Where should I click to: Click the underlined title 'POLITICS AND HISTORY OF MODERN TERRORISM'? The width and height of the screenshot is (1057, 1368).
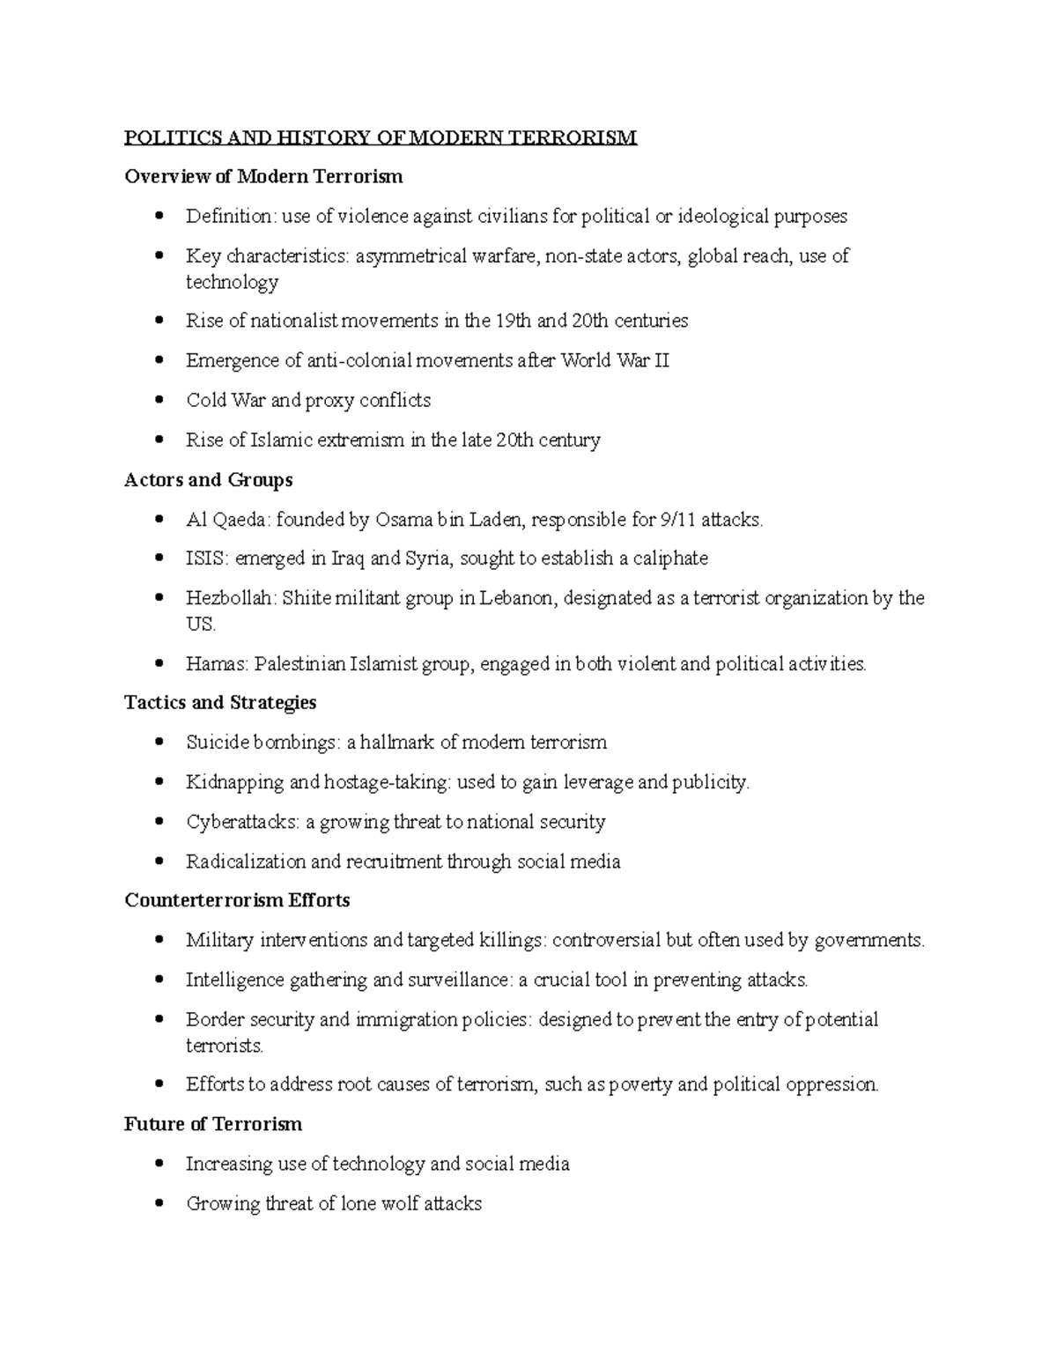[x=380, y=137]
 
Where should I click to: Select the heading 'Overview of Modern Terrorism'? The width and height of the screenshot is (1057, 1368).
[x=263, y=176]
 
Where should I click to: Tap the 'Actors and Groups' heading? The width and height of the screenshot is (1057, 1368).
[x=208, y=480]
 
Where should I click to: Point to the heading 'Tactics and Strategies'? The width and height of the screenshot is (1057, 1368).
[x=220, y=703]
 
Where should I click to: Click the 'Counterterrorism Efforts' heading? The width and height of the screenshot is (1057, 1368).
[x=237, y=900]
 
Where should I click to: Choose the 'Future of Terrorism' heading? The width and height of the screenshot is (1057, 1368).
[x=213, y=1124]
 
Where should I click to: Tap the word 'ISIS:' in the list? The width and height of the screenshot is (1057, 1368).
[x=206, y=558]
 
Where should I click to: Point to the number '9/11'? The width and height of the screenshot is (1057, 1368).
[x=677, y=520]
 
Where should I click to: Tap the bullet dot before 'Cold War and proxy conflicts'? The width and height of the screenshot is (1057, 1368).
[x=159, y=400]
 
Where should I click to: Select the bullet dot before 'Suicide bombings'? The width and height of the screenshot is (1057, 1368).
[x=159, y=743]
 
